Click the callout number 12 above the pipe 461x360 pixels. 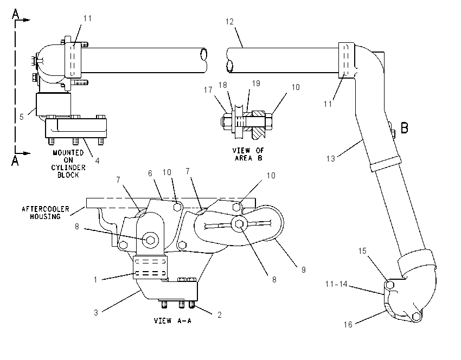[x=229, y=22]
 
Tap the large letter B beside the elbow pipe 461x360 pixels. [x=405, y=128]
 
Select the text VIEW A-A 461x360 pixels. [x=172, y=320]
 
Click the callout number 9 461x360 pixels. [x=304, y=270]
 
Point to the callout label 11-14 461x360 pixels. [x=336, y=284]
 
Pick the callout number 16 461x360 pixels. [x=348, y=324]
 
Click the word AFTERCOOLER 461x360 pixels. [x=46, y=209]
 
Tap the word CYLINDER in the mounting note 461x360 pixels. [x=68, y=168]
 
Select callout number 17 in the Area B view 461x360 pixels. [x=208, y=90]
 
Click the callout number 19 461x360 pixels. [x=256, y=83]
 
